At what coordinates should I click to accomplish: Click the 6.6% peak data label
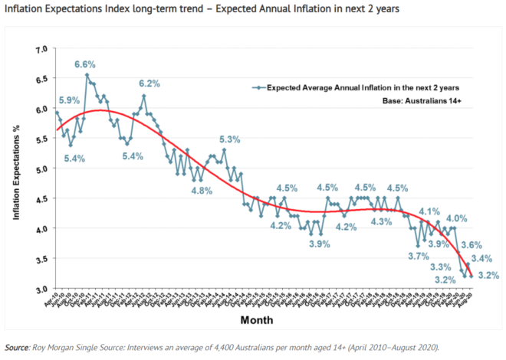(86, 64)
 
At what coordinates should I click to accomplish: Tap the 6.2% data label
(149, 83)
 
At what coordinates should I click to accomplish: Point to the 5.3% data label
(230, 139)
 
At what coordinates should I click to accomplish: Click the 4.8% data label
(202, 190)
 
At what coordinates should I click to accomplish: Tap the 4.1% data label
(429, 211)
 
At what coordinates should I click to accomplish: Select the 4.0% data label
(457, 218)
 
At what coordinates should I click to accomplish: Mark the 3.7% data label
(418, 256)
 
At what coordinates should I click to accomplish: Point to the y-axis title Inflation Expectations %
(16, 169)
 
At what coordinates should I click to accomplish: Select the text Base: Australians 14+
(427, 101)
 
